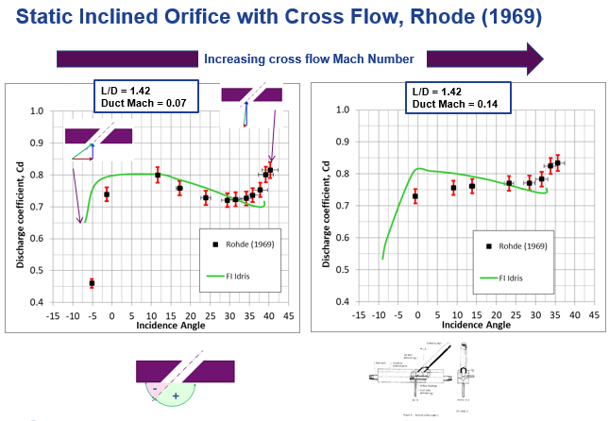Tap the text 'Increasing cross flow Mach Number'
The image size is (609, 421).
(309, 59)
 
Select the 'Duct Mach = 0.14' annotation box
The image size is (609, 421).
(458, 95)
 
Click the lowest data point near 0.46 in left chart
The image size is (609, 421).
(92, 282)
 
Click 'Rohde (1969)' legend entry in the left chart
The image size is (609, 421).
(243, 245)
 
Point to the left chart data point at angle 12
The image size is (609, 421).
(158, 175)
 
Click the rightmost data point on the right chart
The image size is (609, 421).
(558, 162)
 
